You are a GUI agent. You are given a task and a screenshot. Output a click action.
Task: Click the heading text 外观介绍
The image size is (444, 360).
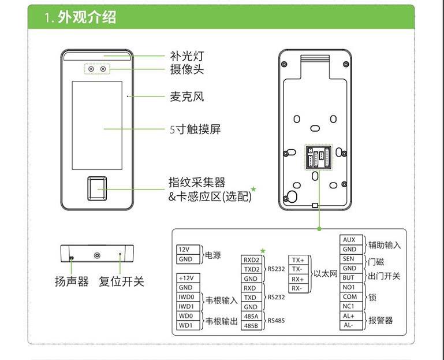pos(87,17)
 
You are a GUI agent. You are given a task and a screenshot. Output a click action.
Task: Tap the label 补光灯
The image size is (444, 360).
pos(186,56)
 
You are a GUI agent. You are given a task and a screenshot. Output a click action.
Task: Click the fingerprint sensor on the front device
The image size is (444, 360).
pos(96,188)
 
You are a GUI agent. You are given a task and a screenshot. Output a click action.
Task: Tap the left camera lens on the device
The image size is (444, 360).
pos(91,69)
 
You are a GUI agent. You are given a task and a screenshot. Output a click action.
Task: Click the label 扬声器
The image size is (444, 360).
pos(72,281)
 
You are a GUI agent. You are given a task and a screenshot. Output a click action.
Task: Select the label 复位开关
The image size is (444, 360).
pos(121,281)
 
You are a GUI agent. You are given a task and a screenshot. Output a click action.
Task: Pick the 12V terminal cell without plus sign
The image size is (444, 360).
pos(184,249)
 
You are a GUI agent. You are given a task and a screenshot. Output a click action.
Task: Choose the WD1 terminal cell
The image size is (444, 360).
pos(185,326)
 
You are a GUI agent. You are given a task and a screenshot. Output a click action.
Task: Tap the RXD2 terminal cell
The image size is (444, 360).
pos(250,259)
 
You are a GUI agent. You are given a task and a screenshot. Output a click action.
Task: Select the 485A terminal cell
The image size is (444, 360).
pos(250,317)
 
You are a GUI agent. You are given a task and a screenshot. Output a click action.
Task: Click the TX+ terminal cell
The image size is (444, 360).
pos(297,259)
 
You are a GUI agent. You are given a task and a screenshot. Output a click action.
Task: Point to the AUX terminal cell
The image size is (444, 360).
pos(349,240)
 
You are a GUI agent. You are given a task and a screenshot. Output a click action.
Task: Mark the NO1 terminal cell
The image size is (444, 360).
pos(349,287)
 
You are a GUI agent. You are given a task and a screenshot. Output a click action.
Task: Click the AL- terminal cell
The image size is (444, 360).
pos(349,325)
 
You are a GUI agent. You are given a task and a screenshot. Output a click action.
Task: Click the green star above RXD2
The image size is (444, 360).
pos(263,250)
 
